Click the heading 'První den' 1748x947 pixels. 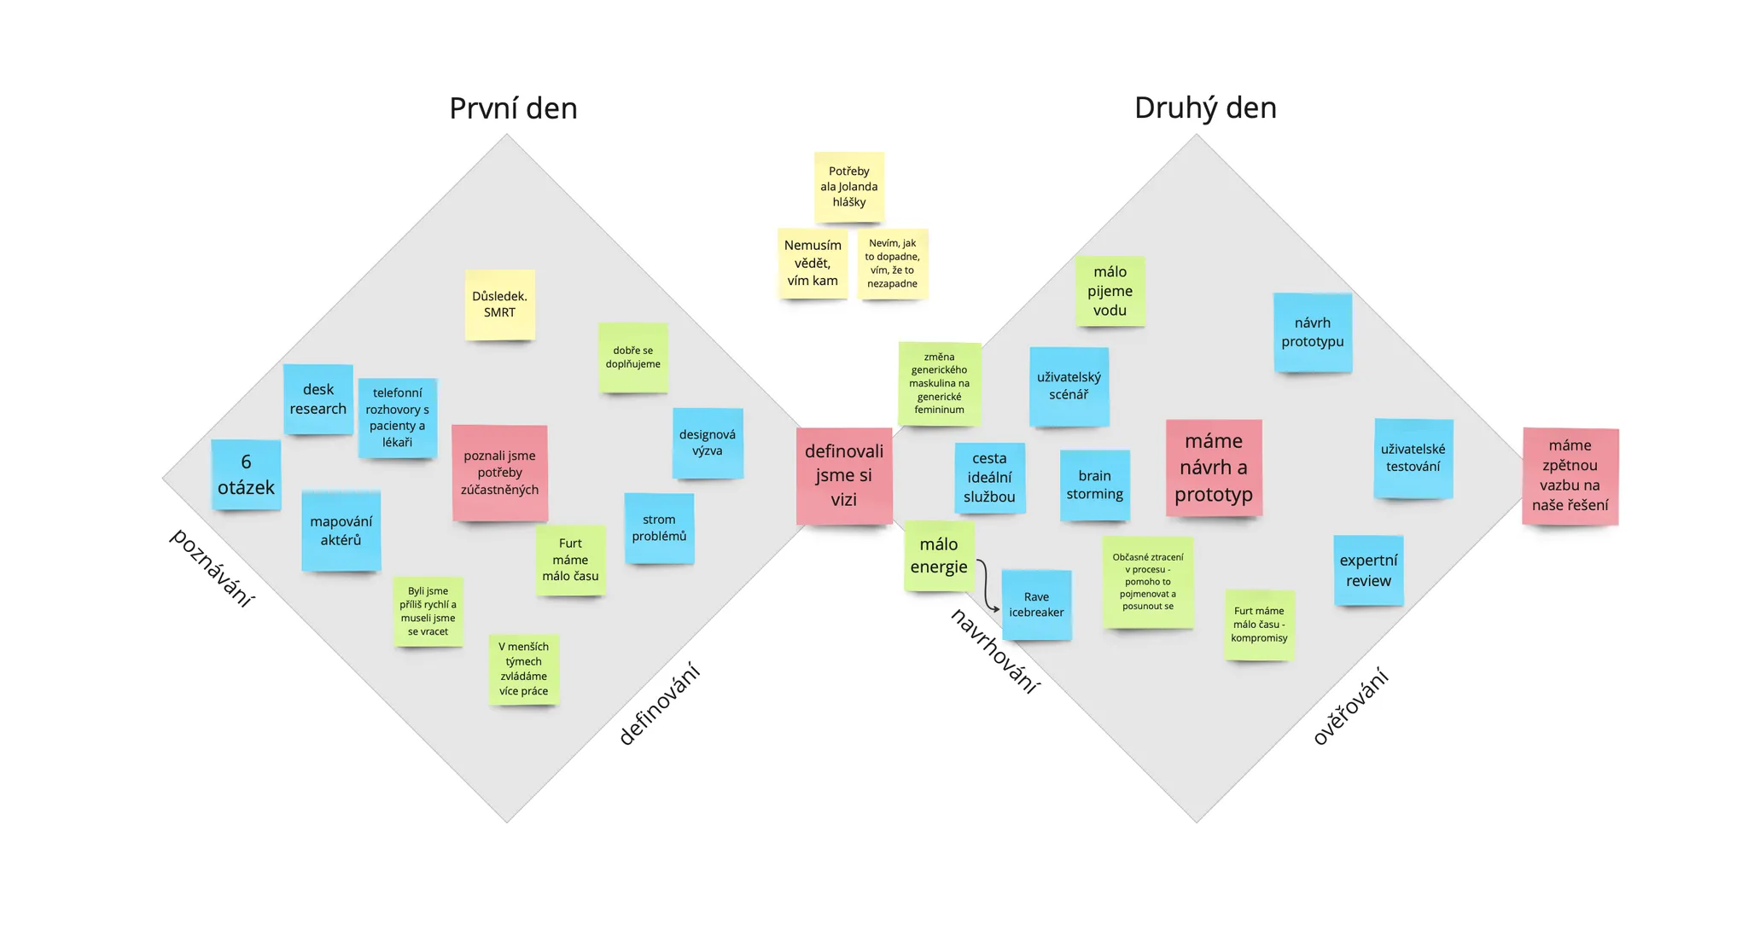pos(513,108)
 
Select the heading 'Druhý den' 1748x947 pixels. pos(1204,107)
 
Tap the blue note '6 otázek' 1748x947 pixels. pos(246,474)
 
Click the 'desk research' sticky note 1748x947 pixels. pos(318,398)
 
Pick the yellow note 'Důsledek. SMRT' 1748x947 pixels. pos(500,305)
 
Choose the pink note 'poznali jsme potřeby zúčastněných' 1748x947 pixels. pos(500,472)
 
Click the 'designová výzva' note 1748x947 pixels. pos(708,443)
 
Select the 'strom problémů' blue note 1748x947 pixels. pos(659,528)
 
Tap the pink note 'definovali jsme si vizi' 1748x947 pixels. pos(844,475)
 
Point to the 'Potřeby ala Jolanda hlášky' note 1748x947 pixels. pos(849,187)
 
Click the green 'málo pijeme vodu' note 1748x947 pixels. pos(1110,291)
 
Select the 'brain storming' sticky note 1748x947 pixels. pos(1094,485)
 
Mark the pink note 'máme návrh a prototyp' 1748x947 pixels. pos(1214,468)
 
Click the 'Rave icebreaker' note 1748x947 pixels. pos(1036,605)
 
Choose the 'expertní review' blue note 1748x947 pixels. pos(1368,570)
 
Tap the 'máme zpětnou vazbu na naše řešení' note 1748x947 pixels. pos(1570,475)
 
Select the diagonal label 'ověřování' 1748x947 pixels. pos(1351,707)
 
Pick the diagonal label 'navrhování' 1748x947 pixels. pos(995,651)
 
